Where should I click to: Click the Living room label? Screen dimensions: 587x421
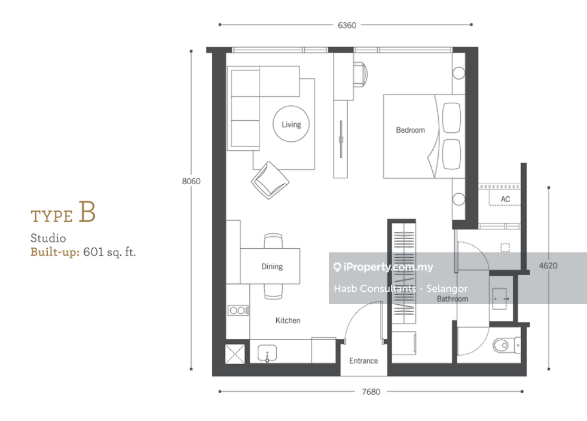click(291, 124)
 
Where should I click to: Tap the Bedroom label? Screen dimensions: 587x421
click(410, 130)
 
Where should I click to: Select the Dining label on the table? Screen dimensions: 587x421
click(272, 266)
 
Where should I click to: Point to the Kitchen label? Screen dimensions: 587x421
click(288, 321)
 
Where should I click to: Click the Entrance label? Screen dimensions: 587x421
click(363, 361)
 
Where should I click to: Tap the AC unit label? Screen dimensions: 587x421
click(505, 199)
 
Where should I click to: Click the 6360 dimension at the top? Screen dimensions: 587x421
click(347, 25)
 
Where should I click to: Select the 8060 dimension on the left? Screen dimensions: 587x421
click(191, 181)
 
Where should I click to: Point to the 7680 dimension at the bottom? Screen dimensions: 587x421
click(371, 392)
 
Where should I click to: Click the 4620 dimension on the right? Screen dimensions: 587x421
click(548, 266)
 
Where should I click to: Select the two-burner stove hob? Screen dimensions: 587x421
click(238, 310)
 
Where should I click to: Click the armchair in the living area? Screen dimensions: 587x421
click(270, 180)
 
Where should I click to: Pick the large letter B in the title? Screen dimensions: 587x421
click(87, 212)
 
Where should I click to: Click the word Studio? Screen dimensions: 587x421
click(48, 238)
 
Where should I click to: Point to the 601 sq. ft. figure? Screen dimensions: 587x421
click(109, 252)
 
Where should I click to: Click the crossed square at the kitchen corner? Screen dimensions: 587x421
click(235, 354)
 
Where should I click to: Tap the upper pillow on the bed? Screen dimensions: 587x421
click(451, 118)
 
